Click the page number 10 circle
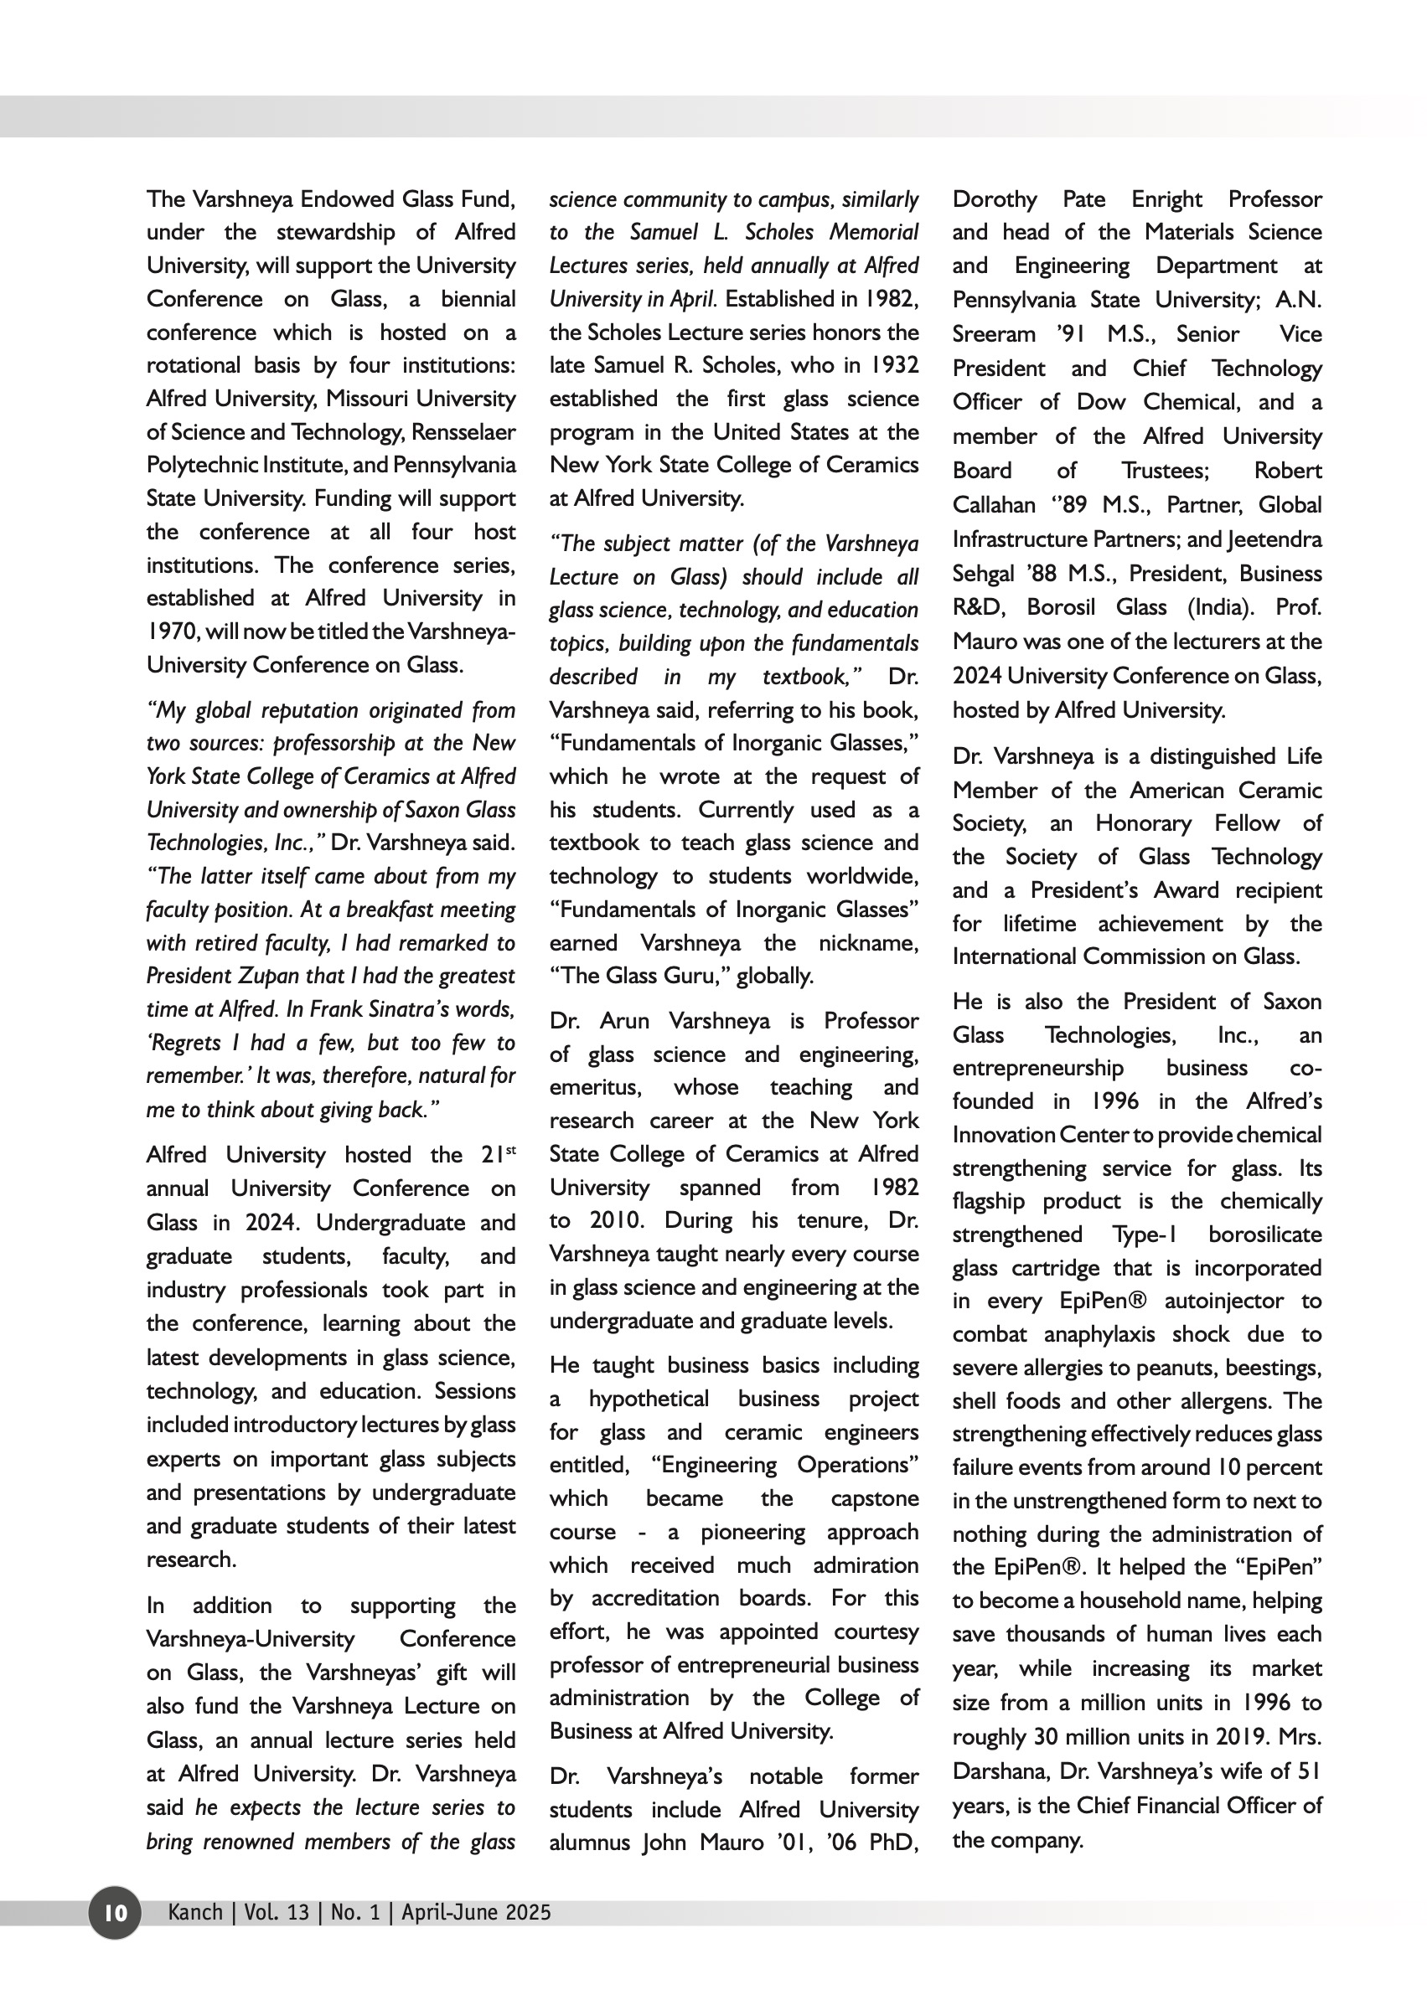pyautogui.click(x=114, y=1912)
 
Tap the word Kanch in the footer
pyautogui.click(x=195, y=1912)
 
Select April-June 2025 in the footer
pyautogui.click(x=476, y=1912)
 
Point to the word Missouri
pyautogui.click(x=367, y=399)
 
